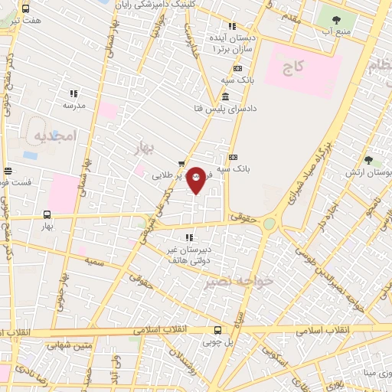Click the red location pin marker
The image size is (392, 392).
pyautogui.click(x=197, y=179)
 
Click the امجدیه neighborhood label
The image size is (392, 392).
pyautogui.click(x=55, y=136)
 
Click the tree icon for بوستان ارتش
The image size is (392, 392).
pyautogui.click(x=368, y=160)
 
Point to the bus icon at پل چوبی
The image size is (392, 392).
pyautogui.click(x=218, y=330)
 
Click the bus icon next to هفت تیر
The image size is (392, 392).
pyautogui.click(x=26, y=9)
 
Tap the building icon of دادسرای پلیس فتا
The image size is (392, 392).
pyautogui.click(x=224, y=97)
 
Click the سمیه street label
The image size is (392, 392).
pyautogui.click(x=95, y=262)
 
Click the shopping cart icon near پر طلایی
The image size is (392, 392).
pyautogui.click(x=181, y=163)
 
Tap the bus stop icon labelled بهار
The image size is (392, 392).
pyautogui.click(x=47, y=215)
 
